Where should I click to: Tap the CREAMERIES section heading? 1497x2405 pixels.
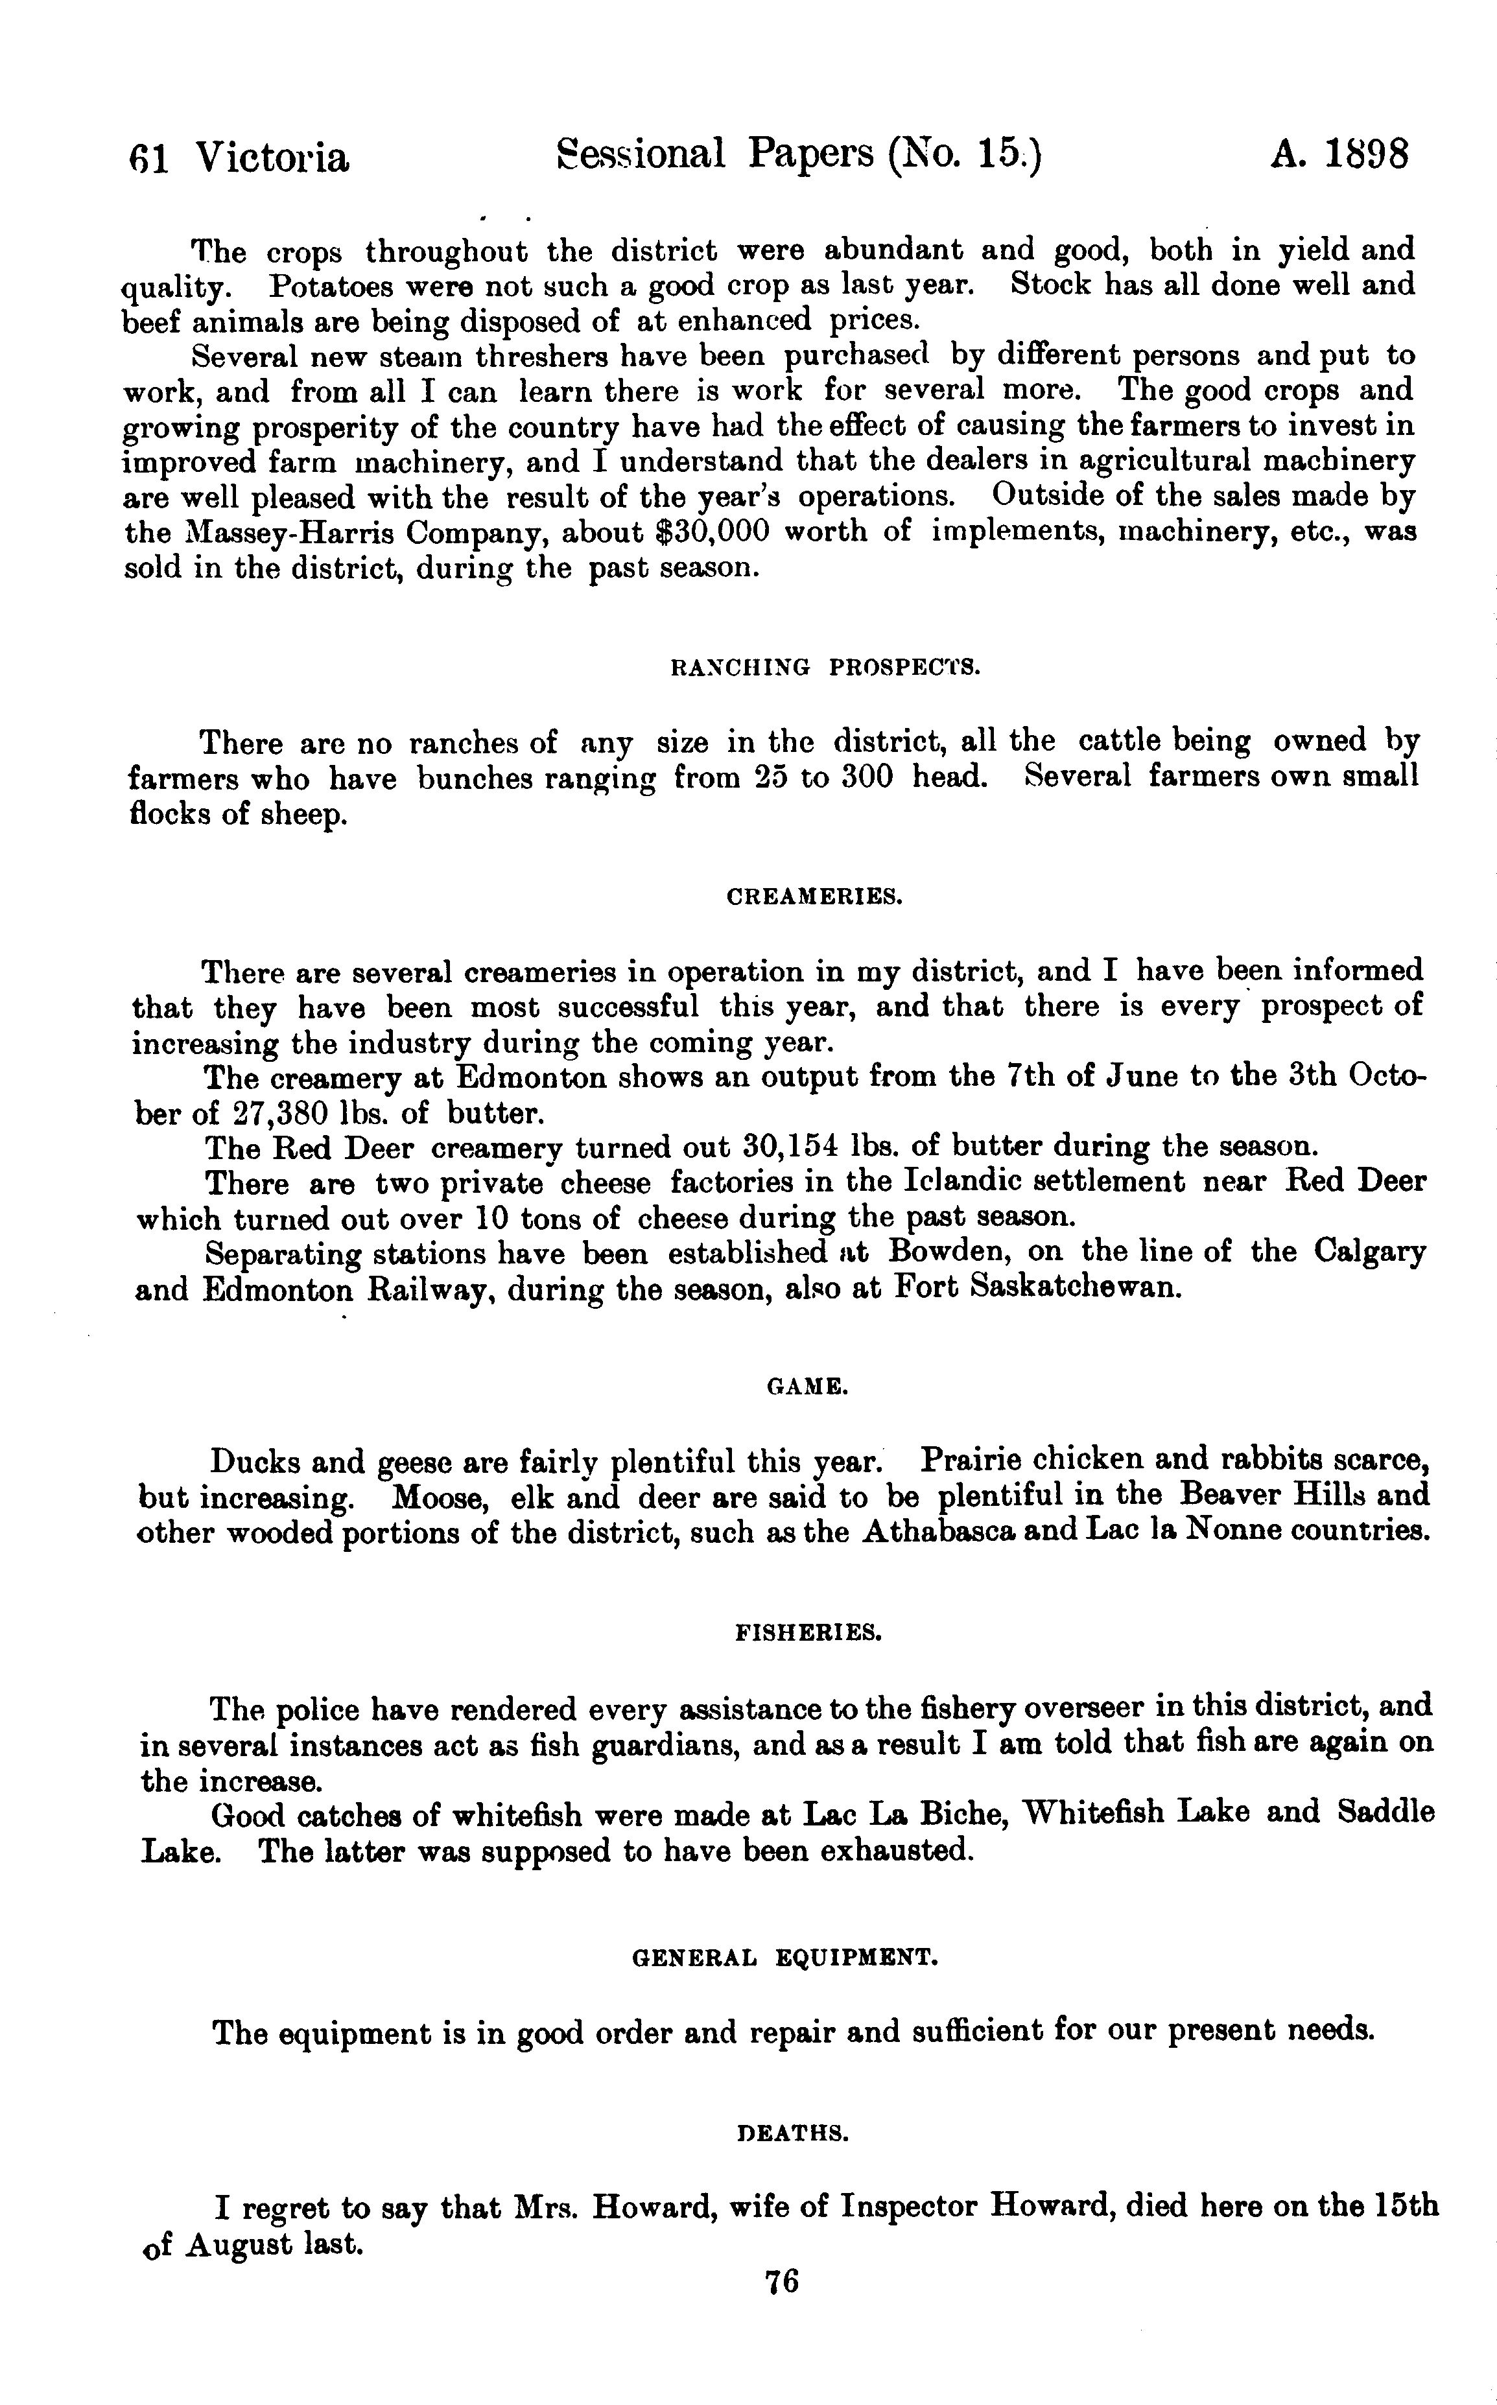pos(814,898)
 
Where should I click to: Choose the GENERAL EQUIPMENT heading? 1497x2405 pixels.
pos(784,1958)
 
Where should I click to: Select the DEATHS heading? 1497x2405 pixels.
pos(793,2134)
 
